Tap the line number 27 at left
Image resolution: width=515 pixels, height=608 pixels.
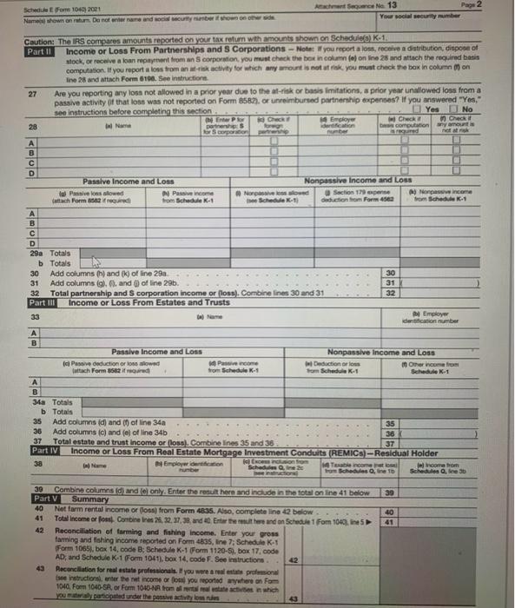point(31,94)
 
